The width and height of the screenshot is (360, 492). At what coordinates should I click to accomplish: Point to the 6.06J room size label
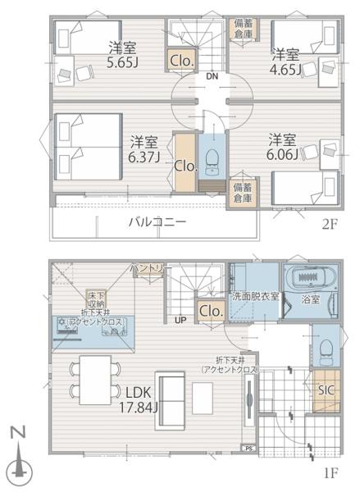click(281, 148)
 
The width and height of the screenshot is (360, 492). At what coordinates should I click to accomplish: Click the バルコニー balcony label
click(156, 221)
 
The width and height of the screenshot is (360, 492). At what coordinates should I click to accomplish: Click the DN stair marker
click(212, 76)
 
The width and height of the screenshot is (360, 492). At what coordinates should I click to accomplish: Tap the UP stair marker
click(179, 321)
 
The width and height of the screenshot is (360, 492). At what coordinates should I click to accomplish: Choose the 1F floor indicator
click(330, 473)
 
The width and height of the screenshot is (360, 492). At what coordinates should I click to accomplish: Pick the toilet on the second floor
click(212, 157)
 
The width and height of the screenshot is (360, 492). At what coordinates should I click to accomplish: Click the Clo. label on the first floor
click(211, 311)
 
